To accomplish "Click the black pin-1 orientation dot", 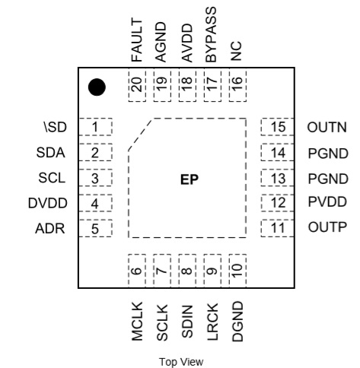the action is (97, 87).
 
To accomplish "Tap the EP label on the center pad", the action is (190, 179).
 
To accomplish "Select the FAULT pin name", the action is (137, 40).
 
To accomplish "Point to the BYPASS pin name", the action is (212, 35).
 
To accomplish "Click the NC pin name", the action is (236, 51).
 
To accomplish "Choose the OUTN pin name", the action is (327, 127).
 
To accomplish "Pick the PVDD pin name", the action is (327, 202).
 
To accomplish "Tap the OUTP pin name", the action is (327, 227).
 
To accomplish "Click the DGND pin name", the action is (237, 322).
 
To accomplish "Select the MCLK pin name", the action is (137, 322).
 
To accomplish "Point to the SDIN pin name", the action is (187, 322).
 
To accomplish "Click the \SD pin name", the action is (56, 127).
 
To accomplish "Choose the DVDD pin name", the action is (48, 203).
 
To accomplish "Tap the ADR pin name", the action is (50, 228).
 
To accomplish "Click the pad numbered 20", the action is (137, 85).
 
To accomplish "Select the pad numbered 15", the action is (277, 127).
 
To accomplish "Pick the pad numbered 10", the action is (237, 271).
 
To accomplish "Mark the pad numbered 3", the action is (96, 178).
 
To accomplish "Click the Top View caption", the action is (181, 362).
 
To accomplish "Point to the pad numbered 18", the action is (187, 85).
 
